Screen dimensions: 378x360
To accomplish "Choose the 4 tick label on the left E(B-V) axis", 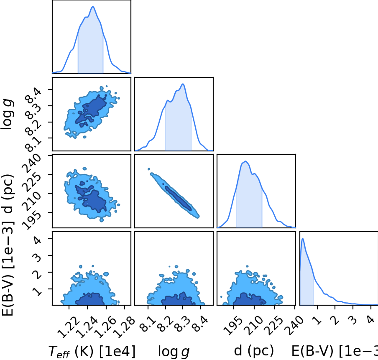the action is coord(37,240).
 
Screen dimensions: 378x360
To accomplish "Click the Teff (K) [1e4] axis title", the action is coord(92,351).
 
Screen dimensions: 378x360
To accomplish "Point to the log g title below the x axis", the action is coord(174,352).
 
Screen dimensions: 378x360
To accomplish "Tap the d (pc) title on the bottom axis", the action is coord(254,350).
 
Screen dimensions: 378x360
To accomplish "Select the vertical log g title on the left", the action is coord(7,114).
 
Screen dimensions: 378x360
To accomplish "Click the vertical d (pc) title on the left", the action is coord(8,194).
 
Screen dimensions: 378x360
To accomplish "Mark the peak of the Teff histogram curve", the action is coord(93,7).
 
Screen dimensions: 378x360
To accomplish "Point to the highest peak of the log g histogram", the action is coord(183,84).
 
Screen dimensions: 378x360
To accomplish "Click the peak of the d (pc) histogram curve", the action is coord(245,161).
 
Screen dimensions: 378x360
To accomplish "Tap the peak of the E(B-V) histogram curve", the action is coord(303,238).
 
